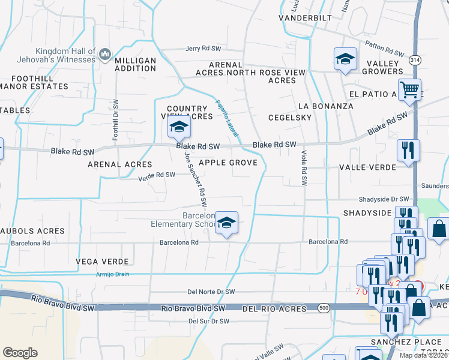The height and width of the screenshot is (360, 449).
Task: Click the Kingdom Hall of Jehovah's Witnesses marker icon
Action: [x=106, y=55]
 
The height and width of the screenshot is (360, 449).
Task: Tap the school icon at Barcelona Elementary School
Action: [x=226, y=223]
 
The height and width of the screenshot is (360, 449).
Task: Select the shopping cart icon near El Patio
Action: [x=410, y=91]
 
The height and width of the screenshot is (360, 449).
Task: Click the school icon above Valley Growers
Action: [x=345, y=59]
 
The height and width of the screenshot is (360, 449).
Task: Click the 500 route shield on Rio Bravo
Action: [x=324, y=307]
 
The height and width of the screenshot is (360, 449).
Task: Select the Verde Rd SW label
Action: [x=157, y=175]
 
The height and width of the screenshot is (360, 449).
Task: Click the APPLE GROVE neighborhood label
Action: [x=228, y=163]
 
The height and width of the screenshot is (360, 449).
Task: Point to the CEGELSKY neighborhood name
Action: [x=290, y=118]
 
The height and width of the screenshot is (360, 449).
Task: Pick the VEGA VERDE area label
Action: [x=102, y=262]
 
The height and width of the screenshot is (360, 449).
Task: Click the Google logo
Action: [x=20, y=353]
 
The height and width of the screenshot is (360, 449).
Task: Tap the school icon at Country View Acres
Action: [x=178, y=127]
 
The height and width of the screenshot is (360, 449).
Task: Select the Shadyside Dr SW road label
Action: [x=384, y=199]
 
